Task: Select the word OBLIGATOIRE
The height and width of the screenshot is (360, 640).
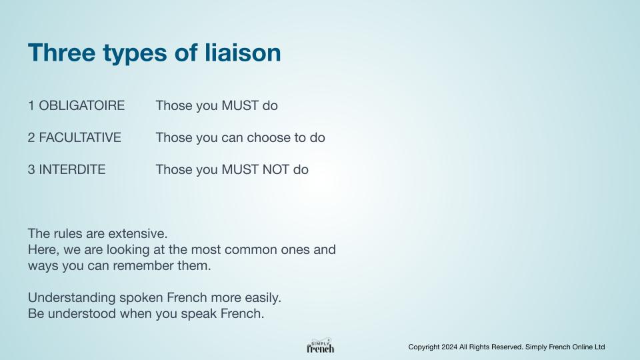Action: [81, 106]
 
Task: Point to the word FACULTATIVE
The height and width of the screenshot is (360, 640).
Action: [80, 137]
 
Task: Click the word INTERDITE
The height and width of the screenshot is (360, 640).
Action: [72, 169]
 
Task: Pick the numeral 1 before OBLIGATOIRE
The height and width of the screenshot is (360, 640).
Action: [31, 106]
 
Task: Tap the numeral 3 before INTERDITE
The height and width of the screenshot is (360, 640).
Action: [31, 169]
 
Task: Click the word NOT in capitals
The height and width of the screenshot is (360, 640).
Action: [275, 169]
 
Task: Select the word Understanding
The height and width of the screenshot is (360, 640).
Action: [71, 297]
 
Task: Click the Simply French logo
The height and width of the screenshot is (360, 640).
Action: [321, 346]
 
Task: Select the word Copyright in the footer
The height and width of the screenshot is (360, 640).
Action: [424, 347]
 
